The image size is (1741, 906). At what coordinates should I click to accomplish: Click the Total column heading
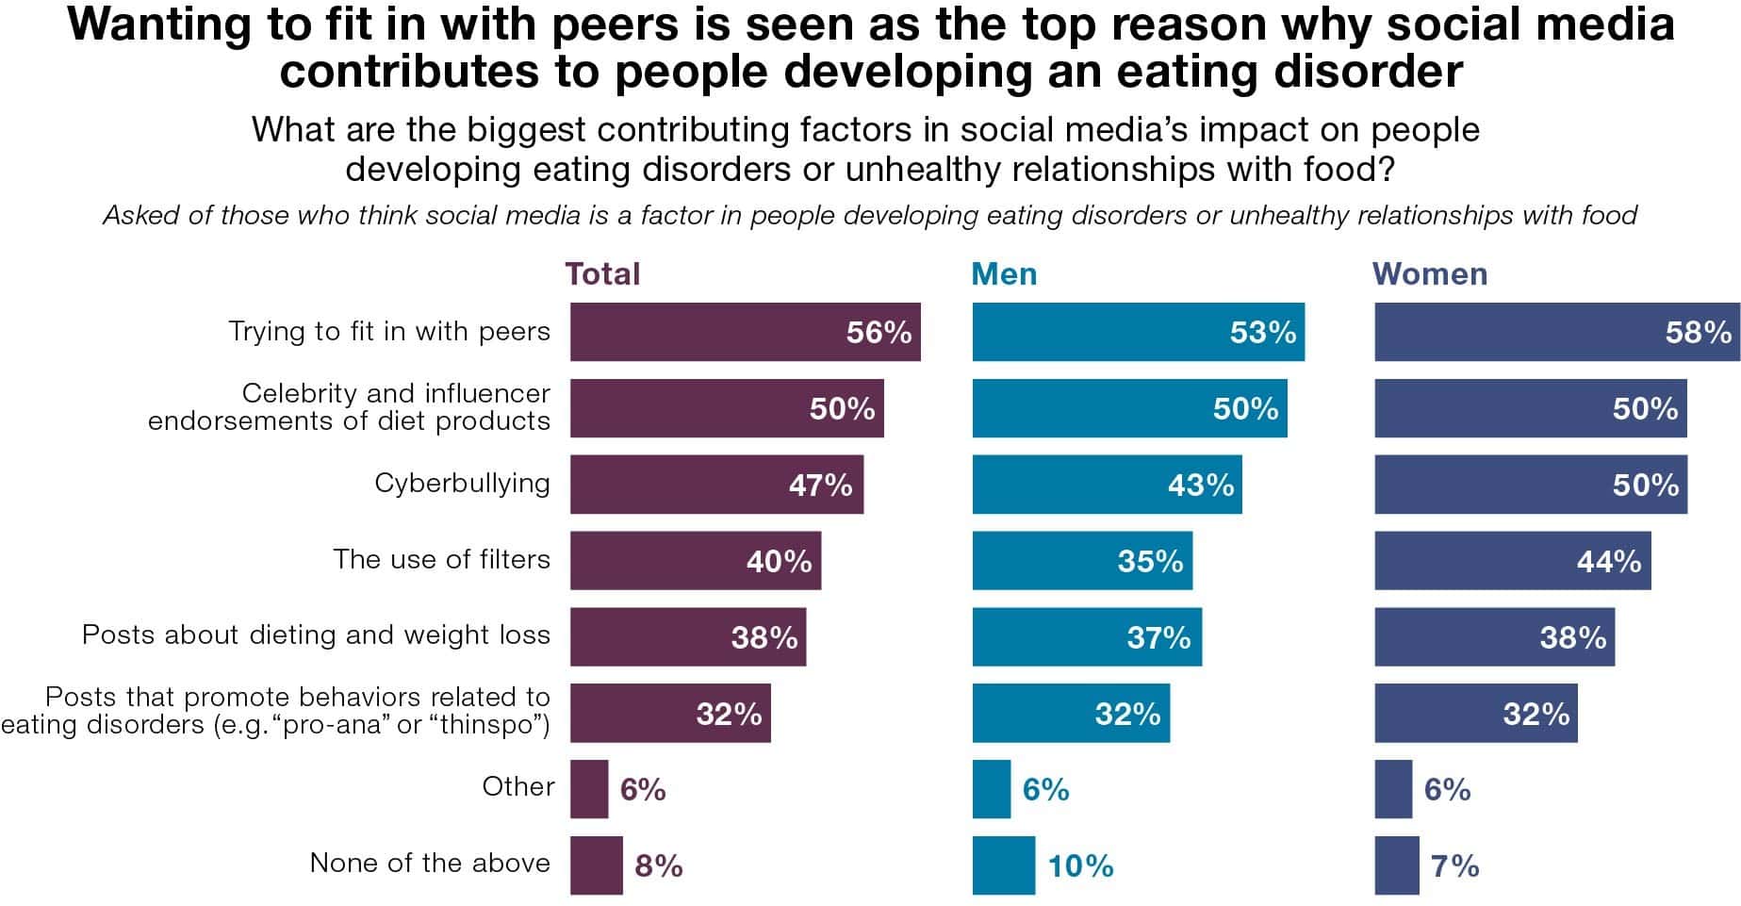tap(602, 274)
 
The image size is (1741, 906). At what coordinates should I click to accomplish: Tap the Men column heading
tap(1004, 274)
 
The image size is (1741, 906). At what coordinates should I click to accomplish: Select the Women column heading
tap(1429, 274)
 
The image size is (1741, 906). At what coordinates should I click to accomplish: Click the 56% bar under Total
tap(745, 332)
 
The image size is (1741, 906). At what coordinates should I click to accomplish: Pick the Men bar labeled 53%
tap(1138, 332)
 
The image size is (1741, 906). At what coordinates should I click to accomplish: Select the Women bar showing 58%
tap(1556, 332)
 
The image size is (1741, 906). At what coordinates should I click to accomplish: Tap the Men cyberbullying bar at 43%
tap(1107, 485)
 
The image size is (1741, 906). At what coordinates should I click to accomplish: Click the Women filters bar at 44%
tap(1512, 561)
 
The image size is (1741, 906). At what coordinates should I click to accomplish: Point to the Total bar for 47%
tap(716, 485)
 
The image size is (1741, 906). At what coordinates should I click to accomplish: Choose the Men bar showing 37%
tap(1087, 637)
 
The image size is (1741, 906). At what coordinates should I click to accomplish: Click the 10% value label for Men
tap(1080, 865)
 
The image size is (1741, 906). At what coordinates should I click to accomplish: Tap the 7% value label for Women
tap(1454, 865)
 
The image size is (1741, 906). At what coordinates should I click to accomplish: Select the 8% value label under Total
tap(658, 865)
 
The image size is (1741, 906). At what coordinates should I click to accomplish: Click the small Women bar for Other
tap(1393, 789)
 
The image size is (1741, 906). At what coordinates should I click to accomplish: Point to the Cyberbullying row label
tap(462, 483)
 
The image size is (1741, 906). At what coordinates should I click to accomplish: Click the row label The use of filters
tap(441, 559)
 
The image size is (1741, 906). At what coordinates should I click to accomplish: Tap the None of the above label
tap(430, 863)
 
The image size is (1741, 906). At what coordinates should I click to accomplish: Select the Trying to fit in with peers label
tap(389, 331)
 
